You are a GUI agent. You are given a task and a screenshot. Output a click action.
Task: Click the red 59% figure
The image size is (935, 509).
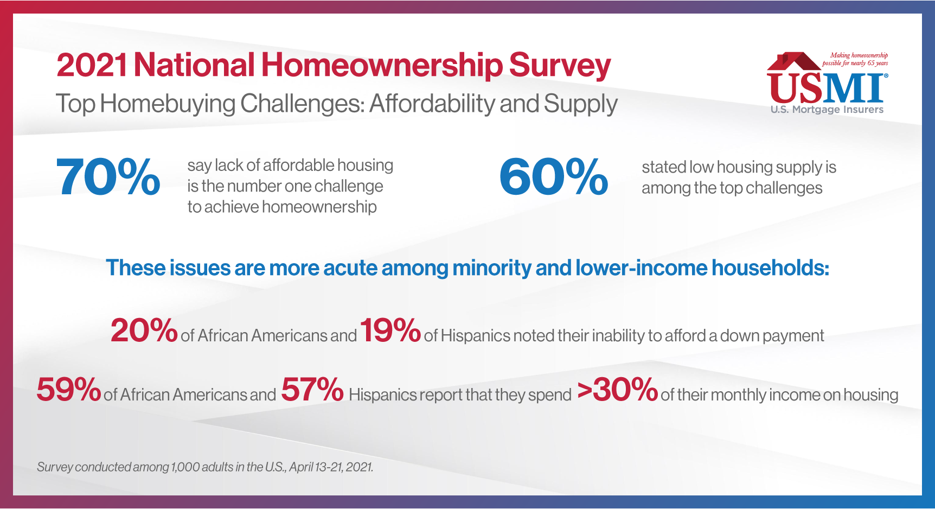(x=69, y=389)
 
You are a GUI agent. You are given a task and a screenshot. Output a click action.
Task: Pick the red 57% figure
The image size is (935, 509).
(x=312, y=389)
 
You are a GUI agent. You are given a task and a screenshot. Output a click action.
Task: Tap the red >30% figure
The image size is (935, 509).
(x=618, y=389)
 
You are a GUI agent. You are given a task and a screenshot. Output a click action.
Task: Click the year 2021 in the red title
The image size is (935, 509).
(x=92, y=65)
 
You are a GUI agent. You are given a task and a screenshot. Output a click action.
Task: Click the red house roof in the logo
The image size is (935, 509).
(x=793, y=61)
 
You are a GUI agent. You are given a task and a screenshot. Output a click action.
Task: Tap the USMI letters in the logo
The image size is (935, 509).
(x=827, y=88)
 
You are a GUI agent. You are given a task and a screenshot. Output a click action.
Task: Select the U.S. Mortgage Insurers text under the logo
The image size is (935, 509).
(x=827, y=109)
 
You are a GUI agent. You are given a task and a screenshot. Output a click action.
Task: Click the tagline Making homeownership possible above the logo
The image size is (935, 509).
(x=855, y=59)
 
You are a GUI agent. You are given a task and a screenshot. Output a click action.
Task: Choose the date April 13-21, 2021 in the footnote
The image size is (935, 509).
(x=331, y=467)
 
